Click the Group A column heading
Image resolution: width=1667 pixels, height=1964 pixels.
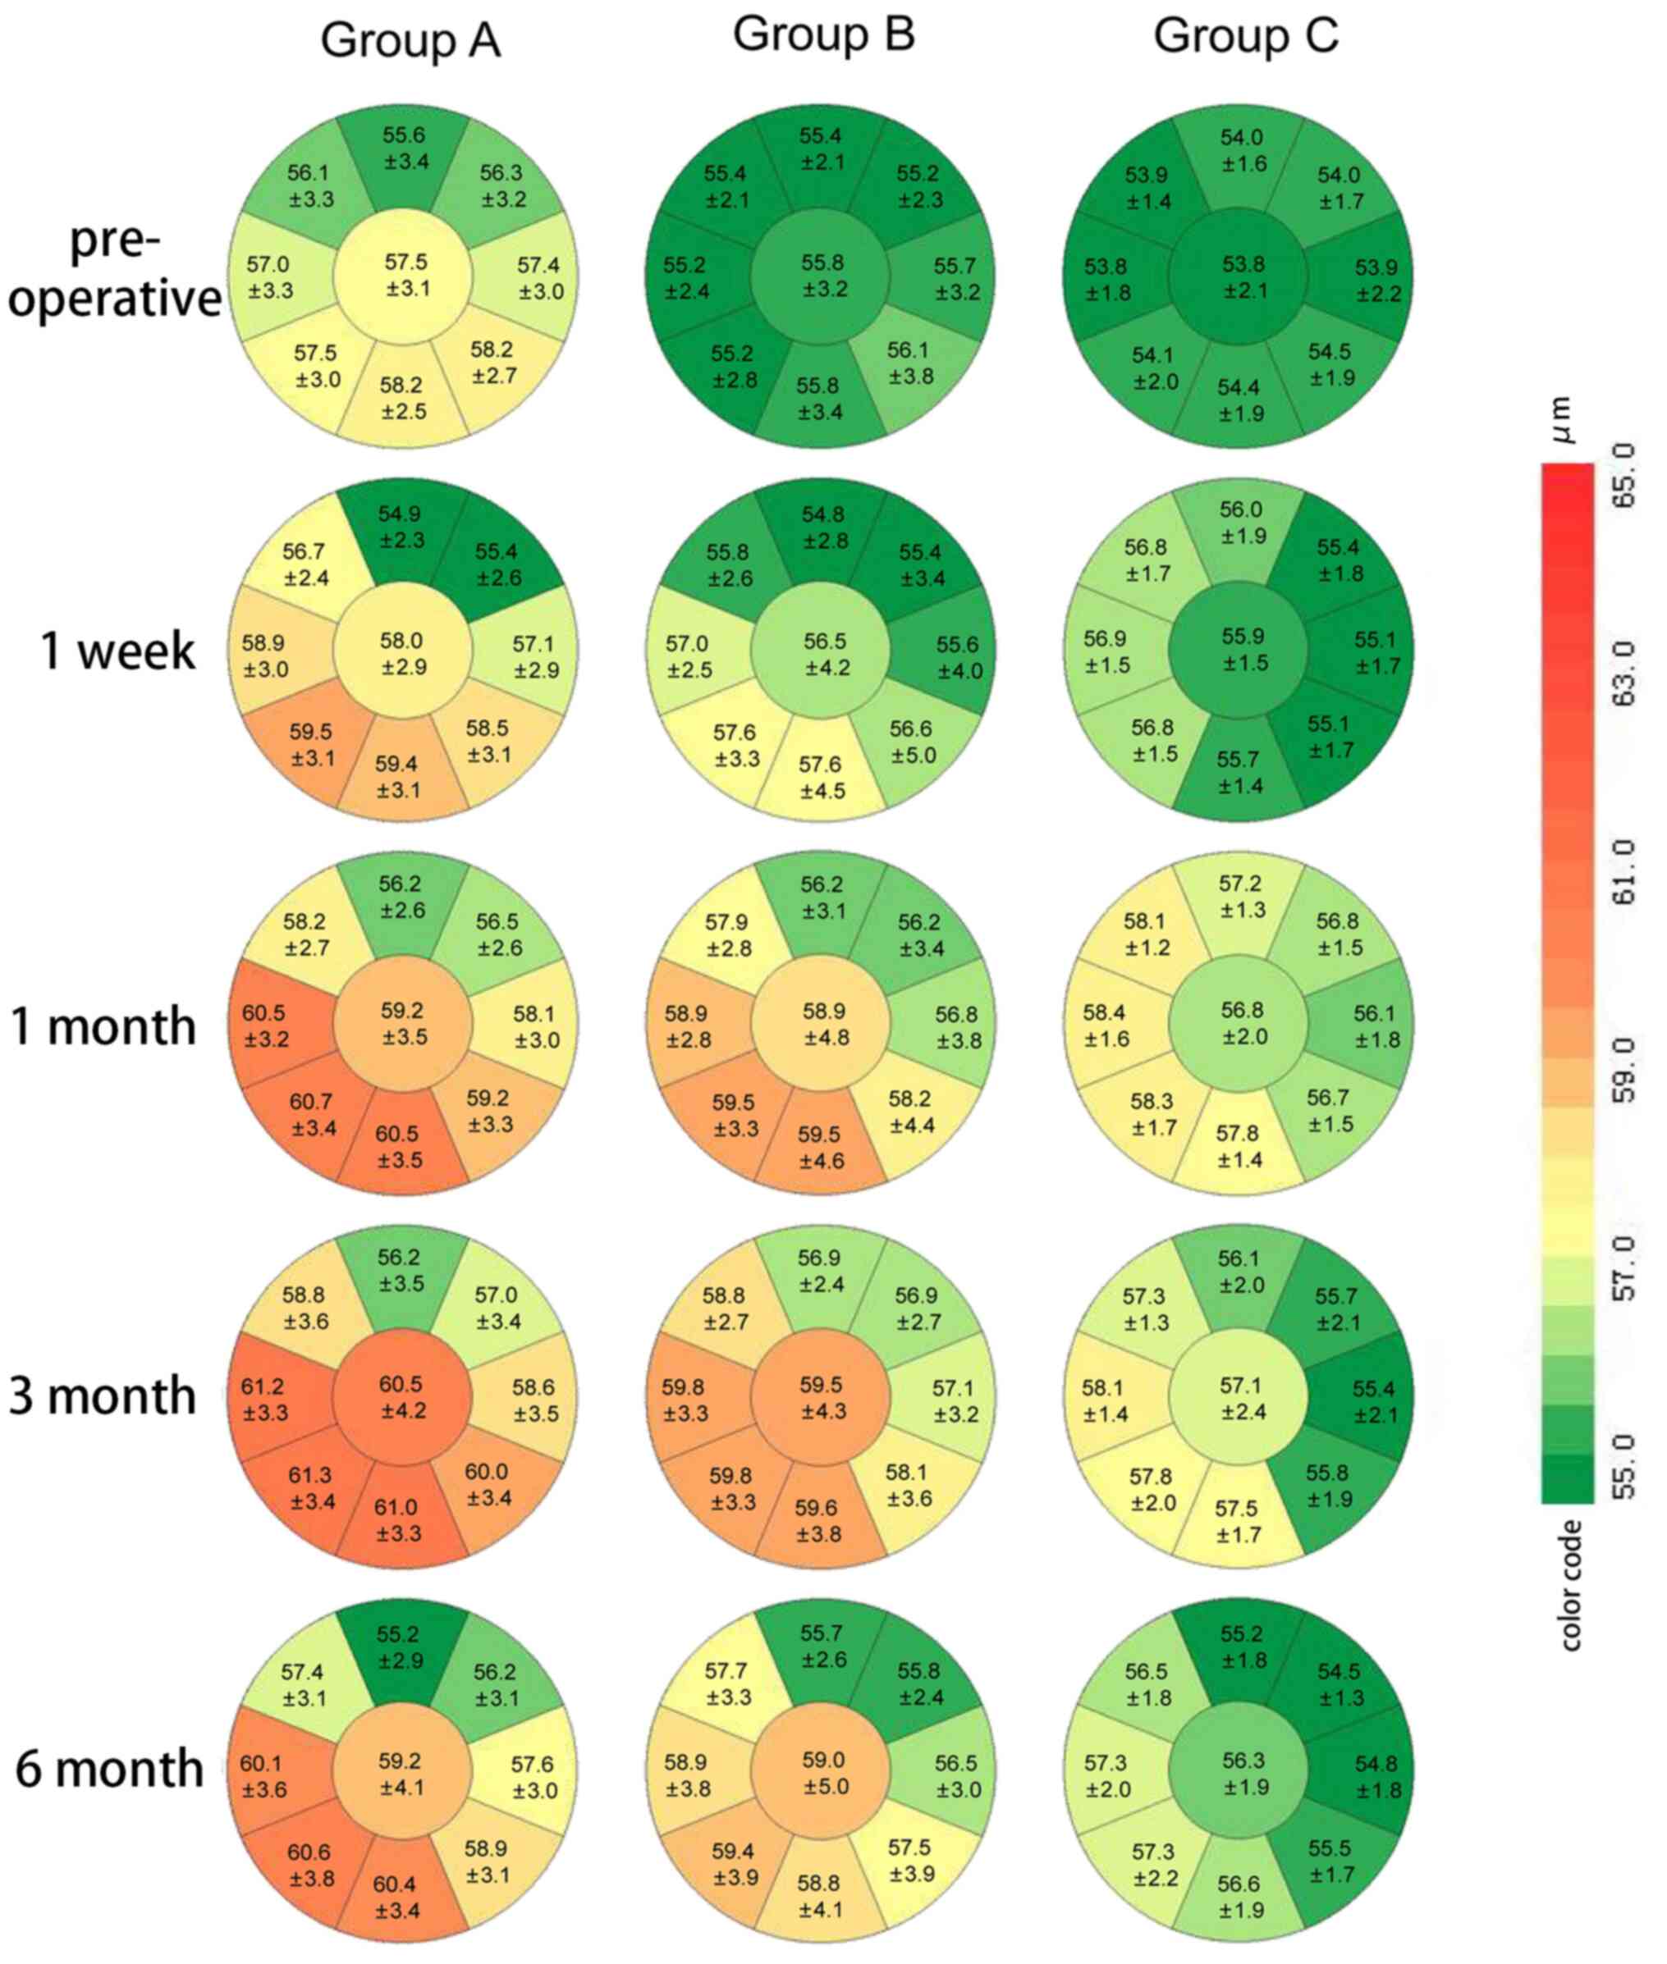pyautogui.click(x=410, y=41)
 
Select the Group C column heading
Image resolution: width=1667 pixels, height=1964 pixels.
pyautogui.click(x=1245, y=36)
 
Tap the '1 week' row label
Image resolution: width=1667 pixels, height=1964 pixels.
pyautogui.click(x=117, y=651)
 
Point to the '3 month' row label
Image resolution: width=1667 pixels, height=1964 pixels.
pyautogui.click(x=103, y=1396)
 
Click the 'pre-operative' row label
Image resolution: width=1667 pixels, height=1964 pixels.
pyautogui.click(x=114, y=270)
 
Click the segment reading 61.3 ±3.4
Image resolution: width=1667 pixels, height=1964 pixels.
pyautogui.click(x=312, y=1488)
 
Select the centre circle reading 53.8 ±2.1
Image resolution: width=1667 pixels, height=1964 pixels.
pyautogui.click(x=1243, y=276)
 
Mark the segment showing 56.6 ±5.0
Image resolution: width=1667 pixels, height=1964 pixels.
pyautogui.click(x=912, y=742)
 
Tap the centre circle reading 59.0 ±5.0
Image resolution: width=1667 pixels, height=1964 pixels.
pyautogui.click(x=824, y=1773)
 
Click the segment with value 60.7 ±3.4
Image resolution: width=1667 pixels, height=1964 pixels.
pyautogui.click(x=313, y=1115)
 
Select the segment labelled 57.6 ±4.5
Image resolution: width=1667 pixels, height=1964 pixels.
pyautogui.click(x=822, y=777)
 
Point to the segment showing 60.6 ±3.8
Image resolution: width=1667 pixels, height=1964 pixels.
pyautogui.click(x=311, y=1865)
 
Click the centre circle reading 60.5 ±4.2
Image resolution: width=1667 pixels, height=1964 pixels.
pyautogui.click(x=402, y=1397)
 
